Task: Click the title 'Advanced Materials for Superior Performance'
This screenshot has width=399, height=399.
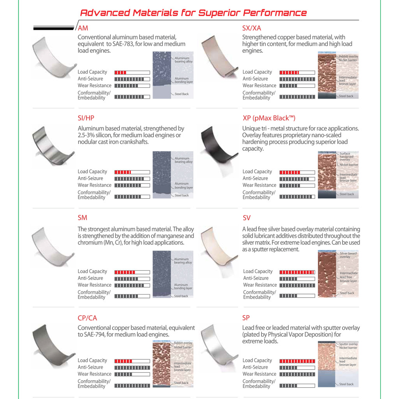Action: pos(193,12)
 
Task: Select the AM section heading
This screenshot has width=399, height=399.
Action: pos(83,28)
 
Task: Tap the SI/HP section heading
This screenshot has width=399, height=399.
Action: pos(86,118)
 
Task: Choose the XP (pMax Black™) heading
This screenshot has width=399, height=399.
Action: pos(269,118)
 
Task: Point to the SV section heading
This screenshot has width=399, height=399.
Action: pos(247,218)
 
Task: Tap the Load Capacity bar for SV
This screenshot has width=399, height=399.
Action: pos(297,272)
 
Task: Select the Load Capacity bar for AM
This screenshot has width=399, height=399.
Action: pos(132,72)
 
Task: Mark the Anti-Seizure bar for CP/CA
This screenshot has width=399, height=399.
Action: pos(132,367)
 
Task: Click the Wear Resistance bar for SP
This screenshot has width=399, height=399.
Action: pos(297,374)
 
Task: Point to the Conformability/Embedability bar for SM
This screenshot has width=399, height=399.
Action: pos(132,296)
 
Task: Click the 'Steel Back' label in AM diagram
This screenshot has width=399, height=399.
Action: pos(182,94)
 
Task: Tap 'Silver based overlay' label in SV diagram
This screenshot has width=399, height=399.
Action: pos(348,255)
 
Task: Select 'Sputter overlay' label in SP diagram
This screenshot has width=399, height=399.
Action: pos(348,344)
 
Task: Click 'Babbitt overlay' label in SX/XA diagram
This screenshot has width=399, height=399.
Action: pos(348,56)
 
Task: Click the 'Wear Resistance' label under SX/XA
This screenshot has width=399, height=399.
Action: pos(259,86)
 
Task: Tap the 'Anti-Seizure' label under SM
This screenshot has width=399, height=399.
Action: pos(90,278)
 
